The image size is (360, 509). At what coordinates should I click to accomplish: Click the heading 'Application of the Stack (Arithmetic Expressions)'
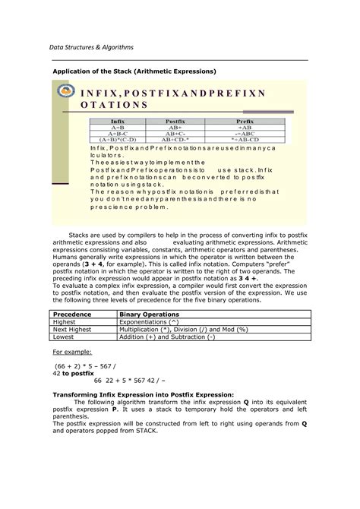134,71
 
